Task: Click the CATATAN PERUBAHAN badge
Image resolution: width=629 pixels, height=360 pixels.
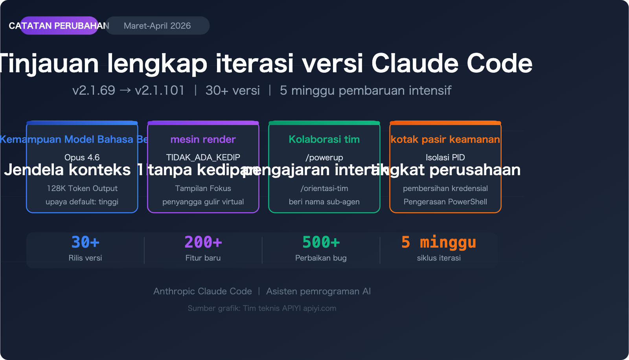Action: click(x=59, y=26)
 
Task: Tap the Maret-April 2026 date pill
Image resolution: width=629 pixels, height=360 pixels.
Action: click(x=157, y=26)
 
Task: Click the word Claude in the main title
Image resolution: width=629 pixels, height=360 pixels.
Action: click(x=415, y=63)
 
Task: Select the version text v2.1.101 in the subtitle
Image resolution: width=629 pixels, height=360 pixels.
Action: click(x=160, y=90)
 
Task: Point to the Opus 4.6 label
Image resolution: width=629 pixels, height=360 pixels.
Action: click(x=82, y=157)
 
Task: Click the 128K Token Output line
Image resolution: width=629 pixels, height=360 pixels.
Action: click(x=82, y=188)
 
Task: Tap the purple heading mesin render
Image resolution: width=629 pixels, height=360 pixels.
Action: click(x=203, y=139)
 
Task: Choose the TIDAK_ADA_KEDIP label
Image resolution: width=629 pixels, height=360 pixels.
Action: click(x=203, y=157)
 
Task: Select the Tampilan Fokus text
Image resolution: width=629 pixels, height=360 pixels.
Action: click(x=203, y=188)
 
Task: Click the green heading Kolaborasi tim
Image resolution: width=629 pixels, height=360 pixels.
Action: click(x=324, y=139)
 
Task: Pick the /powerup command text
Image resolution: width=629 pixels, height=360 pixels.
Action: click(x=324, y=157)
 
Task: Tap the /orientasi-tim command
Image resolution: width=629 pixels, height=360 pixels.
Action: click(x=324, y=188)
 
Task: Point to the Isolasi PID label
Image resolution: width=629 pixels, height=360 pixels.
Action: click(x=445, y=157)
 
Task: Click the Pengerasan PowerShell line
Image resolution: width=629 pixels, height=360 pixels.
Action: click(x=445, y=202)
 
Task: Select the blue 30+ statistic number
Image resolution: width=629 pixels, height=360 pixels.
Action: click(x=85, y=242)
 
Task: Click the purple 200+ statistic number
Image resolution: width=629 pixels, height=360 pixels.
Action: click(x=203, y=242)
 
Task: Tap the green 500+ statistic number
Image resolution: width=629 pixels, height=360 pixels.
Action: click(x=321, y=242)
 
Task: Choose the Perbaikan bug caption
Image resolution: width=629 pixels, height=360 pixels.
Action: click(x=321, y=258)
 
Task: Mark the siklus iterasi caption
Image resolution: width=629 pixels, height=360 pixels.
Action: click(x=439, y=258)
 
